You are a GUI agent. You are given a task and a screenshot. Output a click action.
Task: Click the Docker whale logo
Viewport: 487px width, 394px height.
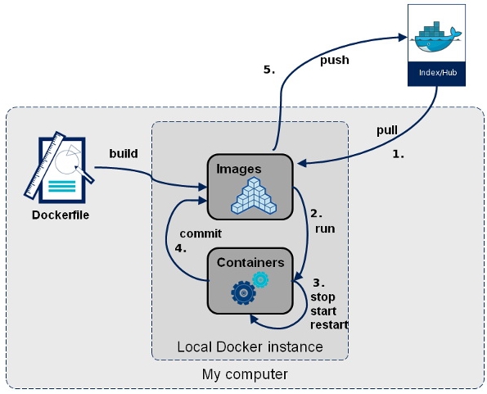tap(437, 37)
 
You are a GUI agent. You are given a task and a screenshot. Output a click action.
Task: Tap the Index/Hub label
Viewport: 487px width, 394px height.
tap(438, 73)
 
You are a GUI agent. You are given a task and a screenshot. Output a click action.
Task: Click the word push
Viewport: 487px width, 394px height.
tap(335, 60)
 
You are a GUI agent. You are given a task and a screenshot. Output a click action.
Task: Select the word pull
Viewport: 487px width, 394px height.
tap(387, 130)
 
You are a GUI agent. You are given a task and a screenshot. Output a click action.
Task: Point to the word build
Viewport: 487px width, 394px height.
tap(124, 153)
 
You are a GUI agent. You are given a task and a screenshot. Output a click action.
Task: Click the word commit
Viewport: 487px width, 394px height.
tap(201, 233)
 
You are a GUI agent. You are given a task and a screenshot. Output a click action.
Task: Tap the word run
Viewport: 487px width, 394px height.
tap(325, 229)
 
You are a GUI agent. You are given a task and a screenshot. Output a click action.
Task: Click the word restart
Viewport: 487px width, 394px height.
tap(329, 325)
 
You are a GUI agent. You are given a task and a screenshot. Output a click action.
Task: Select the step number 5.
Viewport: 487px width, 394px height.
tap(269, 70)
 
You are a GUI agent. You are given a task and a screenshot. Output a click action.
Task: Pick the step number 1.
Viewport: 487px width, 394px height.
tap(398, 154)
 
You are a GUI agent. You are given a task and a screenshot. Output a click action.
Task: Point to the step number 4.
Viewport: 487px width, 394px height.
tap(180, 248)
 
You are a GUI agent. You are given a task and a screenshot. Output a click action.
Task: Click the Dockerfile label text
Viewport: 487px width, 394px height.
tap(61, 215)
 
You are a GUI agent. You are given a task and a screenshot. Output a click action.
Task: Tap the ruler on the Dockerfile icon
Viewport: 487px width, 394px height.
tap(45, 165)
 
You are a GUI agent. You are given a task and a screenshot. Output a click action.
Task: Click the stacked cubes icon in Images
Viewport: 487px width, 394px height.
tap(254, 196)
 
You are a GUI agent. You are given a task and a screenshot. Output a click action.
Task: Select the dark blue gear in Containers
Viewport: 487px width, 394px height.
tap(244, 292)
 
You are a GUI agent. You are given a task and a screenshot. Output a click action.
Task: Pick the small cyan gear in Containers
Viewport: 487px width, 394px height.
tap(260, 279)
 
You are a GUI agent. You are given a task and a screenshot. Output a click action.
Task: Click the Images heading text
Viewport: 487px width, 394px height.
tap(239, 169)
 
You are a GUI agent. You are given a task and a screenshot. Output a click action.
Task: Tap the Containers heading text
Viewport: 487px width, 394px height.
tap(250, 263)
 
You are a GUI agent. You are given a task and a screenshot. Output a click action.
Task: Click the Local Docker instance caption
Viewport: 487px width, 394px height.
tap(250, 346)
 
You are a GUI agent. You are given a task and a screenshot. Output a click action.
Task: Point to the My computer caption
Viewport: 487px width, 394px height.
tap(245, 374)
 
